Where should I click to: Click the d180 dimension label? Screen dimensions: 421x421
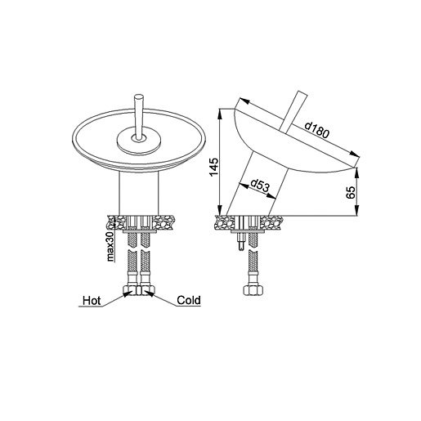(317, 130)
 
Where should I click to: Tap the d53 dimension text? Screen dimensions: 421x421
(259, 185)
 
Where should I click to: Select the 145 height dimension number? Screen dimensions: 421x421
(214, 167)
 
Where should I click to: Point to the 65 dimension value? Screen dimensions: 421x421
(351, 192)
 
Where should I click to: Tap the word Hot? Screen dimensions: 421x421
(92, 301)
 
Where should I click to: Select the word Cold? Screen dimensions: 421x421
(189, 300)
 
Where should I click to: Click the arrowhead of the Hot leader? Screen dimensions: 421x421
(127, 293)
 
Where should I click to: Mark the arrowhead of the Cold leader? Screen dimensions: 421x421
(149, 293)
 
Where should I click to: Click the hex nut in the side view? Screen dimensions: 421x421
(253, 290)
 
